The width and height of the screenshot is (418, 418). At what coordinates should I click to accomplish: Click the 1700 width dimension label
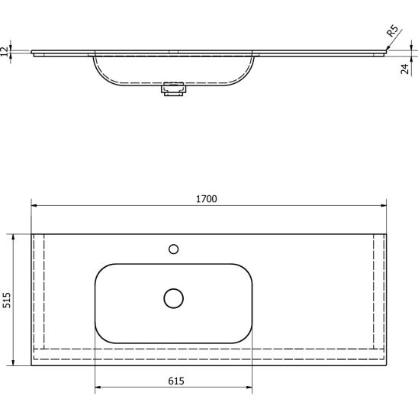pos(207,199)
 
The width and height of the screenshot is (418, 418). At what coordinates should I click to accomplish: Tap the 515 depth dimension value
pos(7,301)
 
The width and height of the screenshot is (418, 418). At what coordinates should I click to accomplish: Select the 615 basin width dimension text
pos(176,381)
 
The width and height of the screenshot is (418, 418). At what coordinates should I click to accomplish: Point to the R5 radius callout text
pos(392,31)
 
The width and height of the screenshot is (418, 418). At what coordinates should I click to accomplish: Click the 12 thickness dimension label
pos(5,51)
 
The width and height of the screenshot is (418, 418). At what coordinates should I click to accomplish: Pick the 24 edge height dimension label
pos(405,69)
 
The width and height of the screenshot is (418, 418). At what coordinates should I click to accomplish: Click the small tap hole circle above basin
pos(174,249)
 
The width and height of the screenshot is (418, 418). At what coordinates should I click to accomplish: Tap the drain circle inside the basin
pos(174,298)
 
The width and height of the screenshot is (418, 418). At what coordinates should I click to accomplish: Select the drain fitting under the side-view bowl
pos(173,89)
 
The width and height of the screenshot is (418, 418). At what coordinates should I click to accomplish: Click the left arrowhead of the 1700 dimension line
pos(34,205)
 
